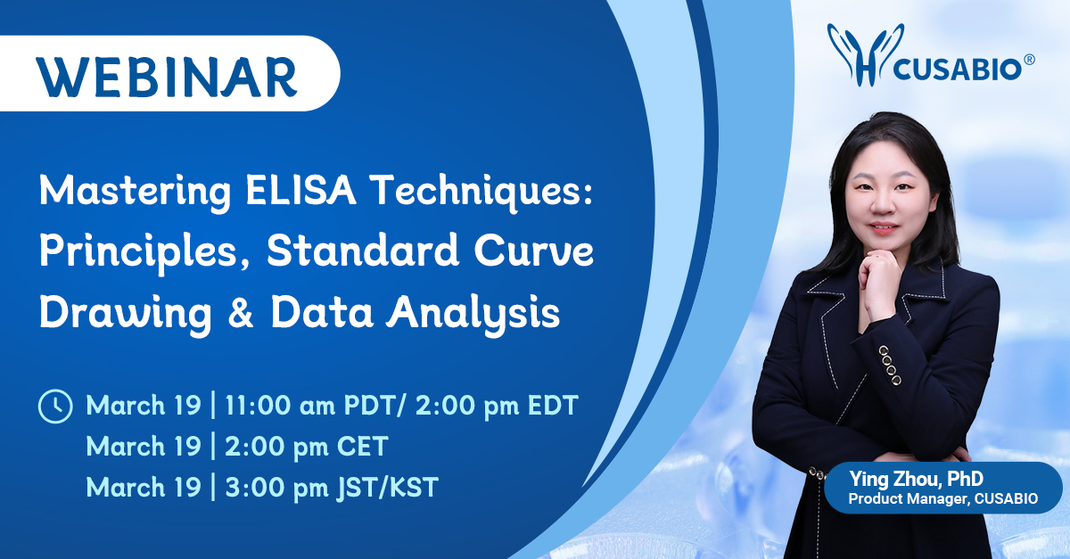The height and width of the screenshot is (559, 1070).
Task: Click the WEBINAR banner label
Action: pyautogui.click(x=167, y=75)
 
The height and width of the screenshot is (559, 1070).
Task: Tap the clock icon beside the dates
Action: pyautogui.click(x=54, y=407)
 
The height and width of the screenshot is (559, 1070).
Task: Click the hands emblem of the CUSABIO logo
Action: pyautogui.click(x=857, y=56)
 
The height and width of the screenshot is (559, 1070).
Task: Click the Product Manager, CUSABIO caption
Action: pyautogui.click(x=942, y=499)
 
